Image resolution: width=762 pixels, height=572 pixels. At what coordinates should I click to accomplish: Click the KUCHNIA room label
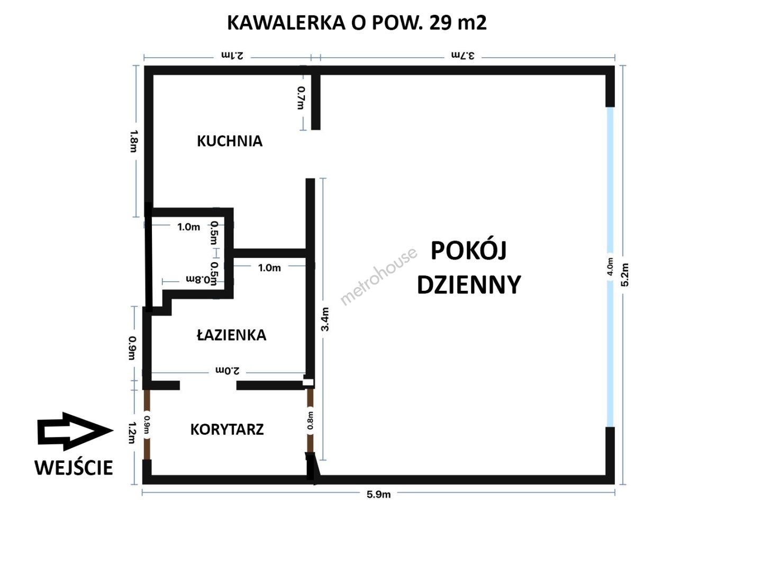[230, 141]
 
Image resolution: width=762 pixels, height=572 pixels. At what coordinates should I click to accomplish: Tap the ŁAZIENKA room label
[232, 334]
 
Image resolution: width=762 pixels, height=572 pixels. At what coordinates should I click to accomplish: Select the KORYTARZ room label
[227, 430]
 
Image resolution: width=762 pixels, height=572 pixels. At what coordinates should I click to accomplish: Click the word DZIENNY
[469, 284]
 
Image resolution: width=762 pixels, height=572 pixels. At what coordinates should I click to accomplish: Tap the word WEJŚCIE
[74, 468]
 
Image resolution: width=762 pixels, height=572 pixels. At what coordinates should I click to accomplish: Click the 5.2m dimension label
[624, 274]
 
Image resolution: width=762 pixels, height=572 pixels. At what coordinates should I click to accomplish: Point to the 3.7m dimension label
[462, 55]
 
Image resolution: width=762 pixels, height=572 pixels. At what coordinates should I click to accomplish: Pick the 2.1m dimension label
[232, 55]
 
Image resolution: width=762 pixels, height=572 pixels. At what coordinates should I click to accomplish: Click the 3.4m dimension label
[325, 319]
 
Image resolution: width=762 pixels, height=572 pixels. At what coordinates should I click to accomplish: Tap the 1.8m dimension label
[134, 141]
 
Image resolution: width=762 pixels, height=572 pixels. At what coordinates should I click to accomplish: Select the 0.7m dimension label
[301, 97]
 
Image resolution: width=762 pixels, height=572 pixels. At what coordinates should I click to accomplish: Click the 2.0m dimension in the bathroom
[227, 371]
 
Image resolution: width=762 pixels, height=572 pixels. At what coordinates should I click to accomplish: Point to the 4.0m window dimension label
[610, 266]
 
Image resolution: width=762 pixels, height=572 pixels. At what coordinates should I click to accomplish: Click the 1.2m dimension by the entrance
[132, 432]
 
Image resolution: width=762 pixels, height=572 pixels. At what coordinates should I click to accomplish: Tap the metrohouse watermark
[378, 276]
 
